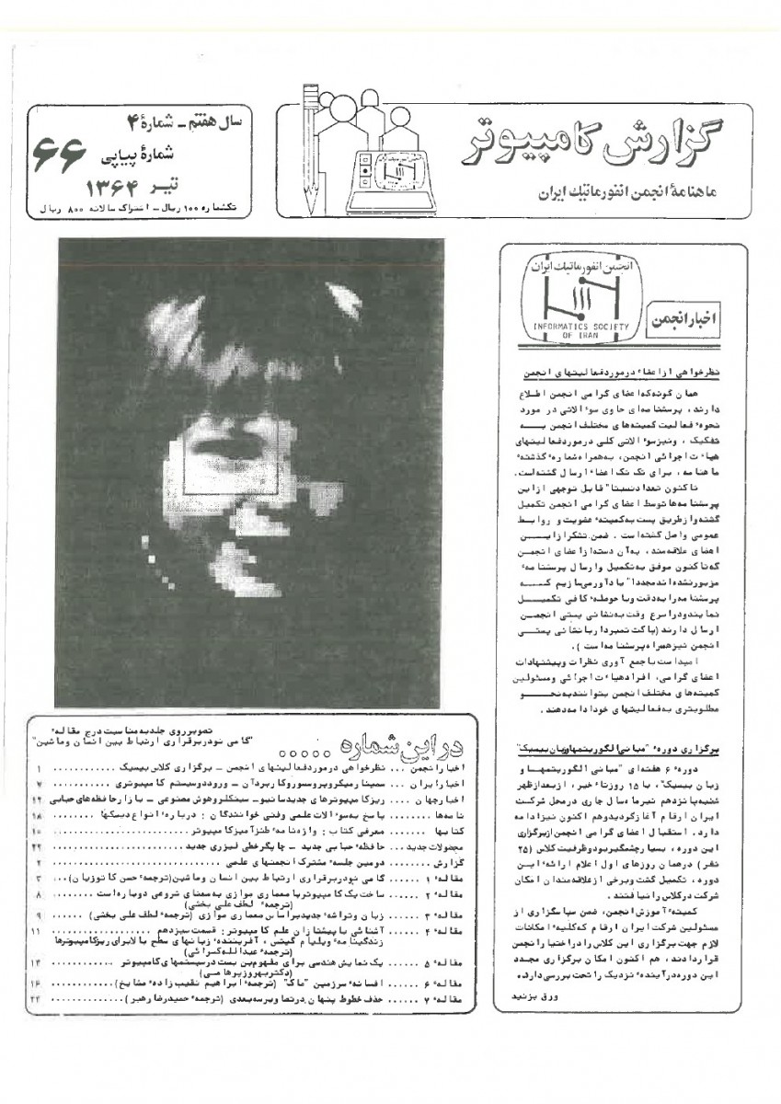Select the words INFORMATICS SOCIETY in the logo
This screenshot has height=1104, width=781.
pyautogui.click(x=578, y=326)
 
